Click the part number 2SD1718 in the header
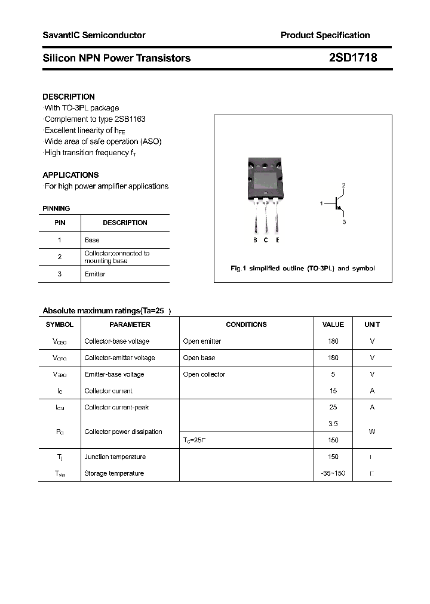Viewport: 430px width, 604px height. [352, 58]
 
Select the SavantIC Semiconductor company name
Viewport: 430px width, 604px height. [94, 35]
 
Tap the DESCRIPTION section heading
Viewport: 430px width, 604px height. [69, 97]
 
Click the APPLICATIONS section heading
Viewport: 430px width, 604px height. [70, 175]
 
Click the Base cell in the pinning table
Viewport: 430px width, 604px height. [92, 240]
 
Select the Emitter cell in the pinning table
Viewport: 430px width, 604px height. [95, 274]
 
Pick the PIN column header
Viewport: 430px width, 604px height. [60, 223]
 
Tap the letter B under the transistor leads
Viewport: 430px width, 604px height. [255, 240]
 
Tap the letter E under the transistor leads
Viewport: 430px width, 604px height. [277, 240]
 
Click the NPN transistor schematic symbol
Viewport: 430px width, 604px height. [339, 204]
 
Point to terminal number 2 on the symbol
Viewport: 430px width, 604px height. [343, 186]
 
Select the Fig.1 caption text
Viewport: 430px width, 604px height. [303, 268]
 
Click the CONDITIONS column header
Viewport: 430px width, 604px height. [246, 325]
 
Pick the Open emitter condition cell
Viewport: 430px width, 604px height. [202, 341]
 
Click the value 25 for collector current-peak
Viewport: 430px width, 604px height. [333, 407]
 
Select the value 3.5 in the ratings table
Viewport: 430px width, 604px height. [333, 424]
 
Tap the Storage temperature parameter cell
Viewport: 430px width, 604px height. [114, 473]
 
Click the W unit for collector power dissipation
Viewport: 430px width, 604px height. [372, 432]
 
